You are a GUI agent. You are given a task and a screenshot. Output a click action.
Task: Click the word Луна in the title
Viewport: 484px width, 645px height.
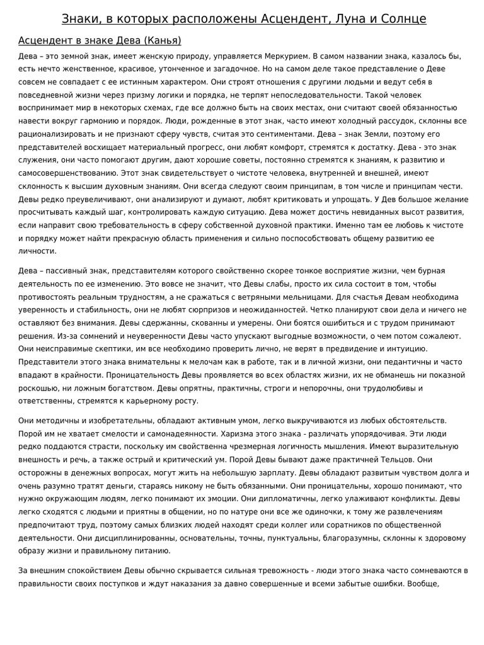(x=347, y=19)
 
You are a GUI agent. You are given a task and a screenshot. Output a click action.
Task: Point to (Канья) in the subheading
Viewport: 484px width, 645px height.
(x=162, y=41)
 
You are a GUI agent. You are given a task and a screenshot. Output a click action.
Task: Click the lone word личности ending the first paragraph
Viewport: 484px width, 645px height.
(x=37, y=251)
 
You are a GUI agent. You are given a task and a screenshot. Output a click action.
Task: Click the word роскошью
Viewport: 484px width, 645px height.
(x=38, y=388)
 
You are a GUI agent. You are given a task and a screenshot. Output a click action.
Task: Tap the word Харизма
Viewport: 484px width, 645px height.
(x=241, y=433)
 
